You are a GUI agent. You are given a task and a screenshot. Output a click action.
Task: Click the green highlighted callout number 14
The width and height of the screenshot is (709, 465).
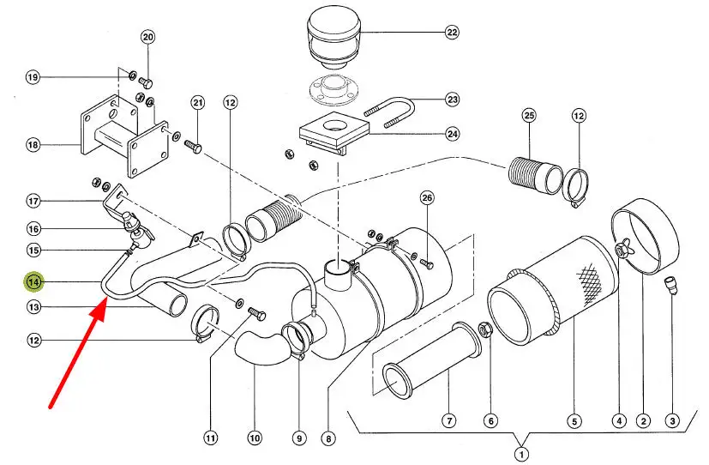point(34,281)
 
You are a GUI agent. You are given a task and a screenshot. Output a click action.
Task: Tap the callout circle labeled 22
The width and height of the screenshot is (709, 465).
point(452,32)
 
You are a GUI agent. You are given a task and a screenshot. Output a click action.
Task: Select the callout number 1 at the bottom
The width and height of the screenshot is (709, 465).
point(521,454)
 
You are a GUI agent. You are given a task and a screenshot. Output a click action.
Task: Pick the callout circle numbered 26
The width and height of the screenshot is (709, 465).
point(427,197)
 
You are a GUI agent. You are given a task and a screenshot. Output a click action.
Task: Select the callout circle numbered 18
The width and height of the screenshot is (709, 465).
point(33,145)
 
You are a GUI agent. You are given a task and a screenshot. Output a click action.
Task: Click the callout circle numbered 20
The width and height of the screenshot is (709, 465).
point(148,37)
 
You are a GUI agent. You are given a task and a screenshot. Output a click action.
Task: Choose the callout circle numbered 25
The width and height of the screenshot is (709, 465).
point(529,115)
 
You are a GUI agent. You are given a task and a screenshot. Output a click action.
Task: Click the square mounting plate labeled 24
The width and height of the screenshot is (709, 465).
point(334,131)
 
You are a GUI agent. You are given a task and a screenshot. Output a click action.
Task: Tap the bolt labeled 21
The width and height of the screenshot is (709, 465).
point(193,146)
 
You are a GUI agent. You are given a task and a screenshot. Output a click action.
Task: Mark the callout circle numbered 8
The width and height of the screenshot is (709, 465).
point(328,438)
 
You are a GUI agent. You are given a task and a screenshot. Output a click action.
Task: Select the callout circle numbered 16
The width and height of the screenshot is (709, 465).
point(33,229)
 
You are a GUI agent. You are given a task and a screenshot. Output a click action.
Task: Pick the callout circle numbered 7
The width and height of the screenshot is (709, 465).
point(449,421)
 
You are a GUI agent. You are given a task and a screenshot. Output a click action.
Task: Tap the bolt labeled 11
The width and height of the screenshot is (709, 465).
point(257,313)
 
